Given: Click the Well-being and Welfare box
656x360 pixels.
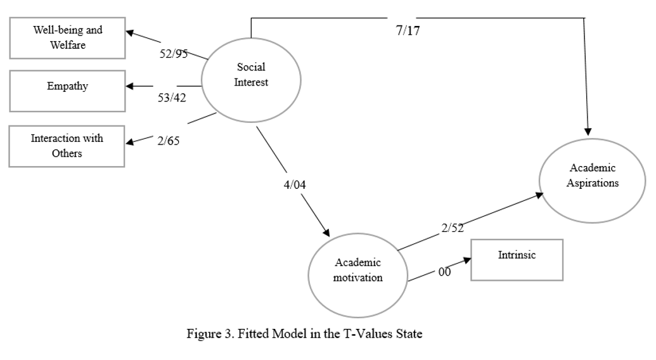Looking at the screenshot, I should pyautogui.click(x=67, y=36).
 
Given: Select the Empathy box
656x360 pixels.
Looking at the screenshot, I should pyautogui.click(x=67, y=87).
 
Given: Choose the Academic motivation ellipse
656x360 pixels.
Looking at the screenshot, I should pyautogui.click(x=358, y=271).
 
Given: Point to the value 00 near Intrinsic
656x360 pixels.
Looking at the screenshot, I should pyautogui.click(x=445, y=273).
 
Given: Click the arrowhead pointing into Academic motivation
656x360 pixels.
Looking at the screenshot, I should pyautogui.click(x=328, y=232).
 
